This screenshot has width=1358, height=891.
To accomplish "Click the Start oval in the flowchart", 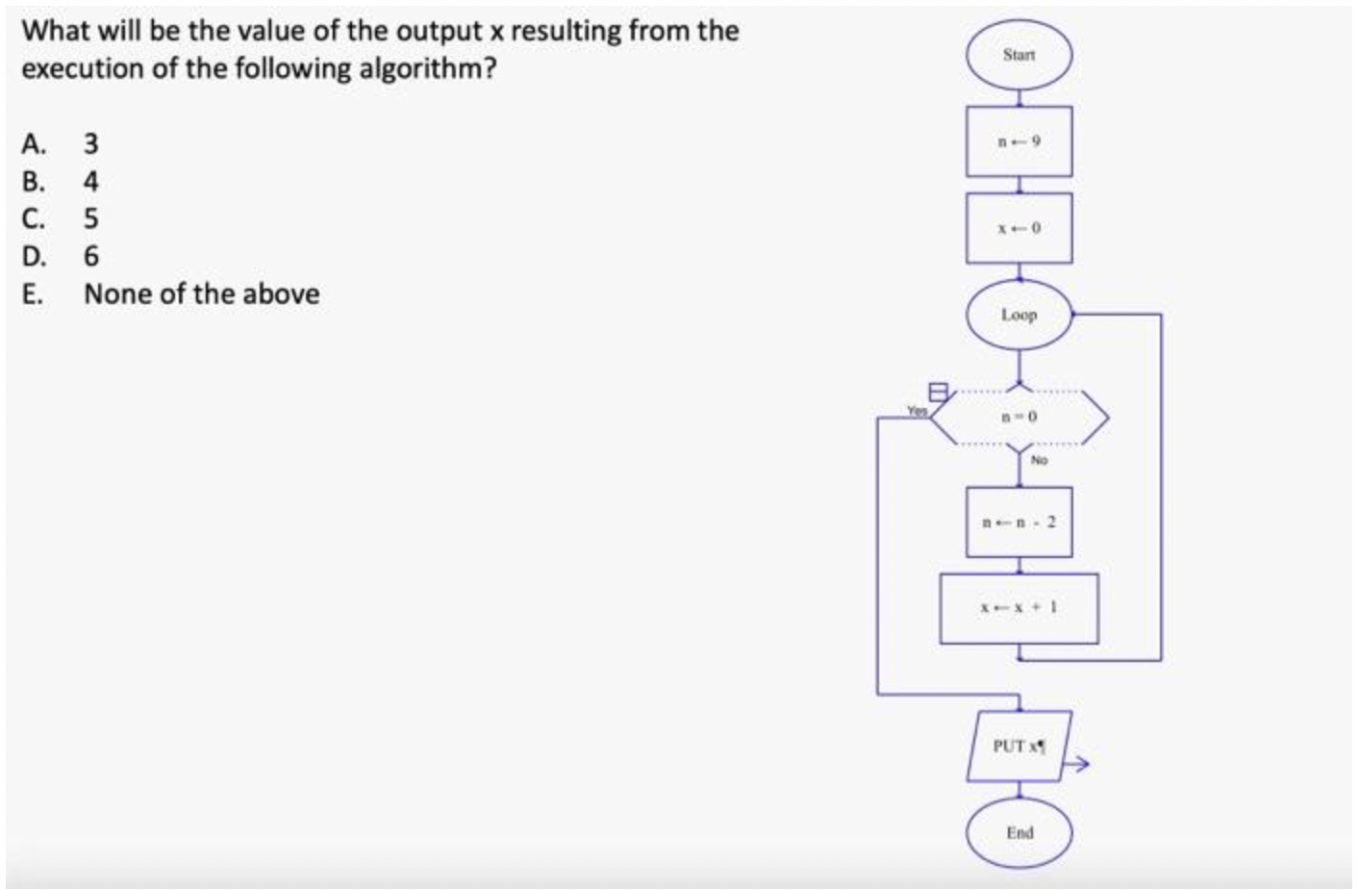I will coord(1018,56).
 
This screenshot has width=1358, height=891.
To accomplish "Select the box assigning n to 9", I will coord(1018,141).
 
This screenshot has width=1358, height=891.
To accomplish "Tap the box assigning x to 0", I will coord(1018,228).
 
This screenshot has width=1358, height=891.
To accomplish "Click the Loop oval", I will coord(1018,315).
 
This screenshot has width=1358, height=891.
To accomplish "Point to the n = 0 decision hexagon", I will coord(1019,418).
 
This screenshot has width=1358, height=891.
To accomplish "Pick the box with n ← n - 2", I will coord(1018,522).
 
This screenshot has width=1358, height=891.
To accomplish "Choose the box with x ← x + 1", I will coord(1018,608).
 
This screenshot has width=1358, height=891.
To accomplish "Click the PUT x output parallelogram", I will coord(1018,746).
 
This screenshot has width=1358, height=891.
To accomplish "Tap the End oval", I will coord(1018,832).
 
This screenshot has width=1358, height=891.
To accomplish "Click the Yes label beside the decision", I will coord(918,411).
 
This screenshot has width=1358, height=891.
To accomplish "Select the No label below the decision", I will coord(1039,461).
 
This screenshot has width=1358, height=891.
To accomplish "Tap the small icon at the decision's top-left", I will coord(938,392).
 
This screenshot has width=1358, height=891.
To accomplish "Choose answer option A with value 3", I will coord(90,144).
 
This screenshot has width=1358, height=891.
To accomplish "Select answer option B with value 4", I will coord(90,182).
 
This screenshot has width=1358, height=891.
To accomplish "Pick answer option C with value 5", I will coord(90,219).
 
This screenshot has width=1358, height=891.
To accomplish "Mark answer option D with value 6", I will coord(90,257).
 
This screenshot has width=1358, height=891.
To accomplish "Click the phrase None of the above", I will coord(201,294).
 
